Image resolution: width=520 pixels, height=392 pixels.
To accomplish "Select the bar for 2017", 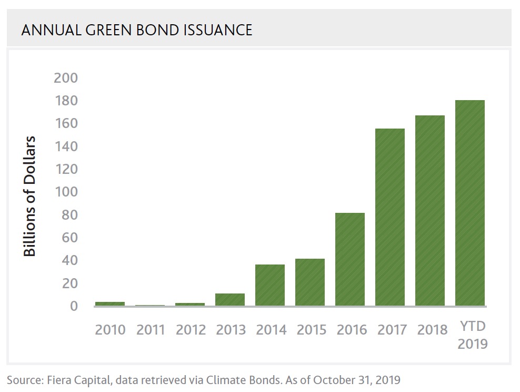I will pyautogui.click(x=390, y=217).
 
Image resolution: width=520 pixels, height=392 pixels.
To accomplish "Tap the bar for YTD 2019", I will pyautogui.click(x=470, y=203).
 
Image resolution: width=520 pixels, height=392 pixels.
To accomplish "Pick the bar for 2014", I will pyautogui.click(x=270, y=285).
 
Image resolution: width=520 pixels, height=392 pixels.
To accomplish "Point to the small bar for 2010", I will pyautogui.click(x=110, y=304).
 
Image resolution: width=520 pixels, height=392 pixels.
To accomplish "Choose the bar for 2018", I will pyautogui.click(x=430, y=211).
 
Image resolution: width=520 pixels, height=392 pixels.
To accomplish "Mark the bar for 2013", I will pyautogui.click(x=230, y=300).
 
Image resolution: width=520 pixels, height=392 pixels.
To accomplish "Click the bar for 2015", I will pyautogui.click(x=310, y=282).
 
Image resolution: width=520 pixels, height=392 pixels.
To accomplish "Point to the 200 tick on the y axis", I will pyautogui.click(x=66, y=78).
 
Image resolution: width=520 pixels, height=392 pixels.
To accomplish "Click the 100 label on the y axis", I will pyautogui.click(x=66, y=192).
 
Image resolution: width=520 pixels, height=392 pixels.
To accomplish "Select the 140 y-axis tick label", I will pyautogui.click(x=66, y=146).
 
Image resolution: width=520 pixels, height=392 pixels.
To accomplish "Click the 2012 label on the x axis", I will pyautogui.click(x=191, y=330).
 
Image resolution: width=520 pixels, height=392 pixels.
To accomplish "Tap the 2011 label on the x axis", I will pyautogui.click(x=151, y=330).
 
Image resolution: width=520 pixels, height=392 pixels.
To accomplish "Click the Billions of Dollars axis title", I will pyautogui.click(x=30, y=196).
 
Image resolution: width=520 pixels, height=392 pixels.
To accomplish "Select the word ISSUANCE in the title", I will pyautogui.click(x=217, y=30).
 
